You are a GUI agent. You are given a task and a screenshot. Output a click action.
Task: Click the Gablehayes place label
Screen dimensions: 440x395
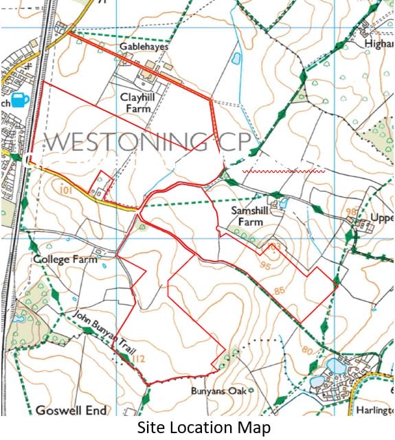143,44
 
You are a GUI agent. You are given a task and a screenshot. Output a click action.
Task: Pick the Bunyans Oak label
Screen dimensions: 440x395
218,391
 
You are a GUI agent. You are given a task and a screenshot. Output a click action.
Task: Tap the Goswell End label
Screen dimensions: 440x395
72,410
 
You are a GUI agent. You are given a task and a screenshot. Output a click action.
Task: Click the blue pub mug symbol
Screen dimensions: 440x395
20,100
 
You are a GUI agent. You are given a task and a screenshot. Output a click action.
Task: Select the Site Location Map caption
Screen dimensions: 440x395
204,428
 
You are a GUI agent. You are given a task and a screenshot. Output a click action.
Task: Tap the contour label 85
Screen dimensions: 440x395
279,290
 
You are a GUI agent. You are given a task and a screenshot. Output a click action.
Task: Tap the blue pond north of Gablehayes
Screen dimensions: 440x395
237,59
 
